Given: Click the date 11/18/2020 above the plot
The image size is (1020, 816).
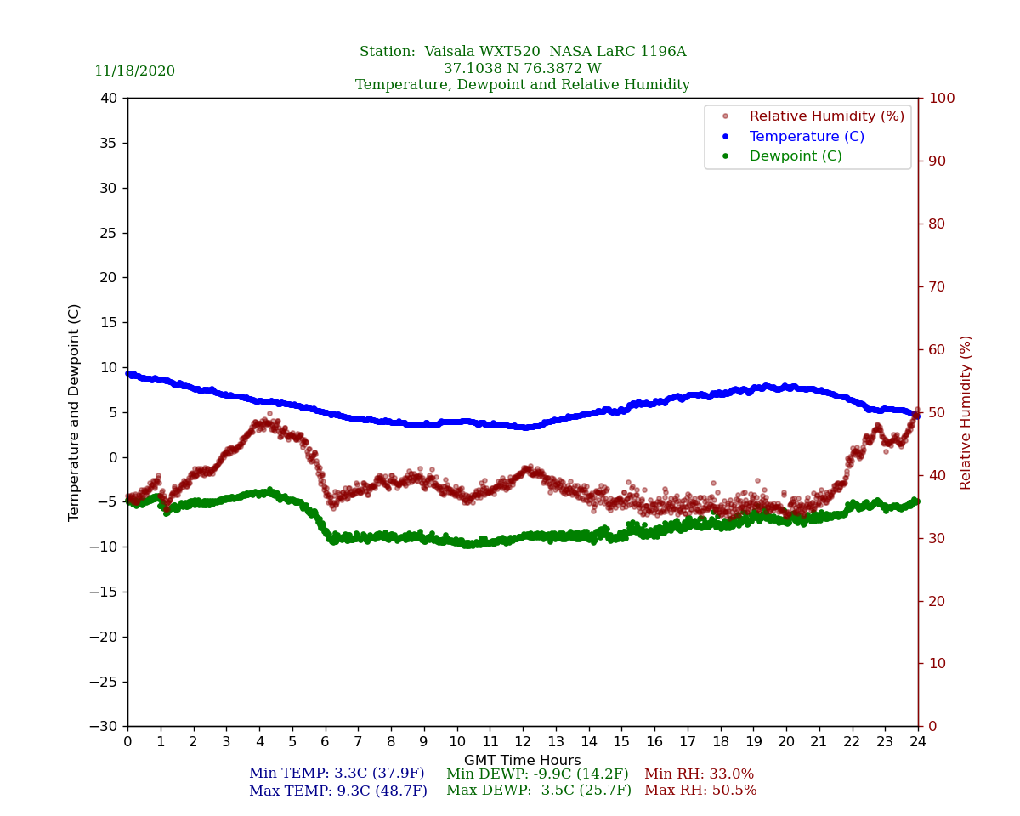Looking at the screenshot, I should click(x=134, y=71).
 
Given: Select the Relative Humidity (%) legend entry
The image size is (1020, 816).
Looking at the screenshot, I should click(x=826, y=116).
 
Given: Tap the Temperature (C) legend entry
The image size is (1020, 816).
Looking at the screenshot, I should click(x=806, y=137).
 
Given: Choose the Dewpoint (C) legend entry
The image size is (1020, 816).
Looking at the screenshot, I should click(x=795, y=156).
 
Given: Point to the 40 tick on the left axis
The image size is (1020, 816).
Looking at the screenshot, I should click(x=109, y=99).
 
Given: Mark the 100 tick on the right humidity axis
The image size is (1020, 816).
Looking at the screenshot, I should click(x=942, y=99).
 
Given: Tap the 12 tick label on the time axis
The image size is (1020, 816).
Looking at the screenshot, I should click(x=523, y=742).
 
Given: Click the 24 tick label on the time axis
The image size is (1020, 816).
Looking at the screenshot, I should click(x=918, y=742).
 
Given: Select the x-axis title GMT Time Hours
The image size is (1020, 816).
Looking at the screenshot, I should click(x=523, y=761).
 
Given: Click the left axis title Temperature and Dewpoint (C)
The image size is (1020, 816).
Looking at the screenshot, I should click(x=75, y=412).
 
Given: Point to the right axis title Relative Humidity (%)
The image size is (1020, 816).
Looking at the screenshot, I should click(x=966, y=412).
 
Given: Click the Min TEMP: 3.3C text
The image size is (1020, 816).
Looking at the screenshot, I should click(x=337, y=774).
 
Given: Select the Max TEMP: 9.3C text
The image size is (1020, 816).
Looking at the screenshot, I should click(x=338, y=791).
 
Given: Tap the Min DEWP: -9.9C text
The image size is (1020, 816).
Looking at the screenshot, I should click(x=537, y=774).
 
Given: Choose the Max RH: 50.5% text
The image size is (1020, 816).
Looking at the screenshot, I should click(x=700, y=791).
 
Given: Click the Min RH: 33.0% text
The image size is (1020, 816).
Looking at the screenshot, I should click(x=699, y=774).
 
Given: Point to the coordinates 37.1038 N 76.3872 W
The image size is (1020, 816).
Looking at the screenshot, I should click(x=523, y=69).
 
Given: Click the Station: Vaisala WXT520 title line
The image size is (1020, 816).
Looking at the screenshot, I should click(x=523, y=52).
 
